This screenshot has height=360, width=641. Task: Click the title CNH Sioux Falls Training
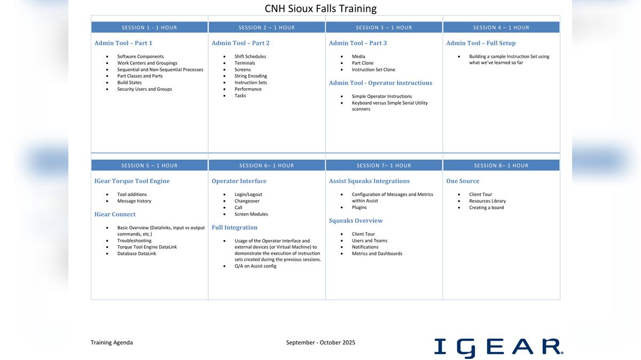(320, 9)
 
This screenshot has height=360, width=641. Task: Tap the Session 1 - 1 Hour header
(149, 27)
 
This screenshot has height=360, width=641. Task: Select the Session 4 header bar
(501, 27)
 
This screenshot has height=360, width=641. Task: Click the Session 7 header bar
(384, 166)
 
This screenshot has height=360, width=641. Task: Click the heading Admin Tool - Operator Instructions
(380, 83)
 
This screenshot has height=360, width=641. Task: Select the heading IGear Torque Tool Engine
(132, 181)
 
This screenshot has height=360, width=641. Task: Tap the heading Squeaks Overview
(356, 221)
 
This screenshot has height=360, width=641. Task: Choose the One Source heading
(463, 181)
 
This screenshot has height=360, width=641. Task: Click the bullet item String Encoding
(251, 76)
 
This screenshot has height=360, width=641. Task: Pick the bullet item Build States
(129, 83)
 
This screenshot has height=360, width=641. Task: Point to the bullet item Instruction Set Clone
(373, 69)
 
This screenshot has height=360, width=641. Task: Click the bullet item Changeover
(247, 201)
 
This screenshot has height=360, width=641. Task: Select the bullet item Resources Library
(487, 201)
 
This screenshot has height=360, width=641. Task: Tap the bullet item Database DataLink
(137, 254)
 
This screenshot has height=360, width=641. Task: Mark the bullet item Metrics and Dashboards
(377, 254)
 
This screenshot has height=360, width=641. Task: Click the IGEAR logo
(498, 347)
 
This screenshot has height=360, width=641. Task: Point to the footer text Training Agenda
(112, 342)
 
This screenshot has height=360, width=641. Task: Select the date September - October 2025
(320, 342)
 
